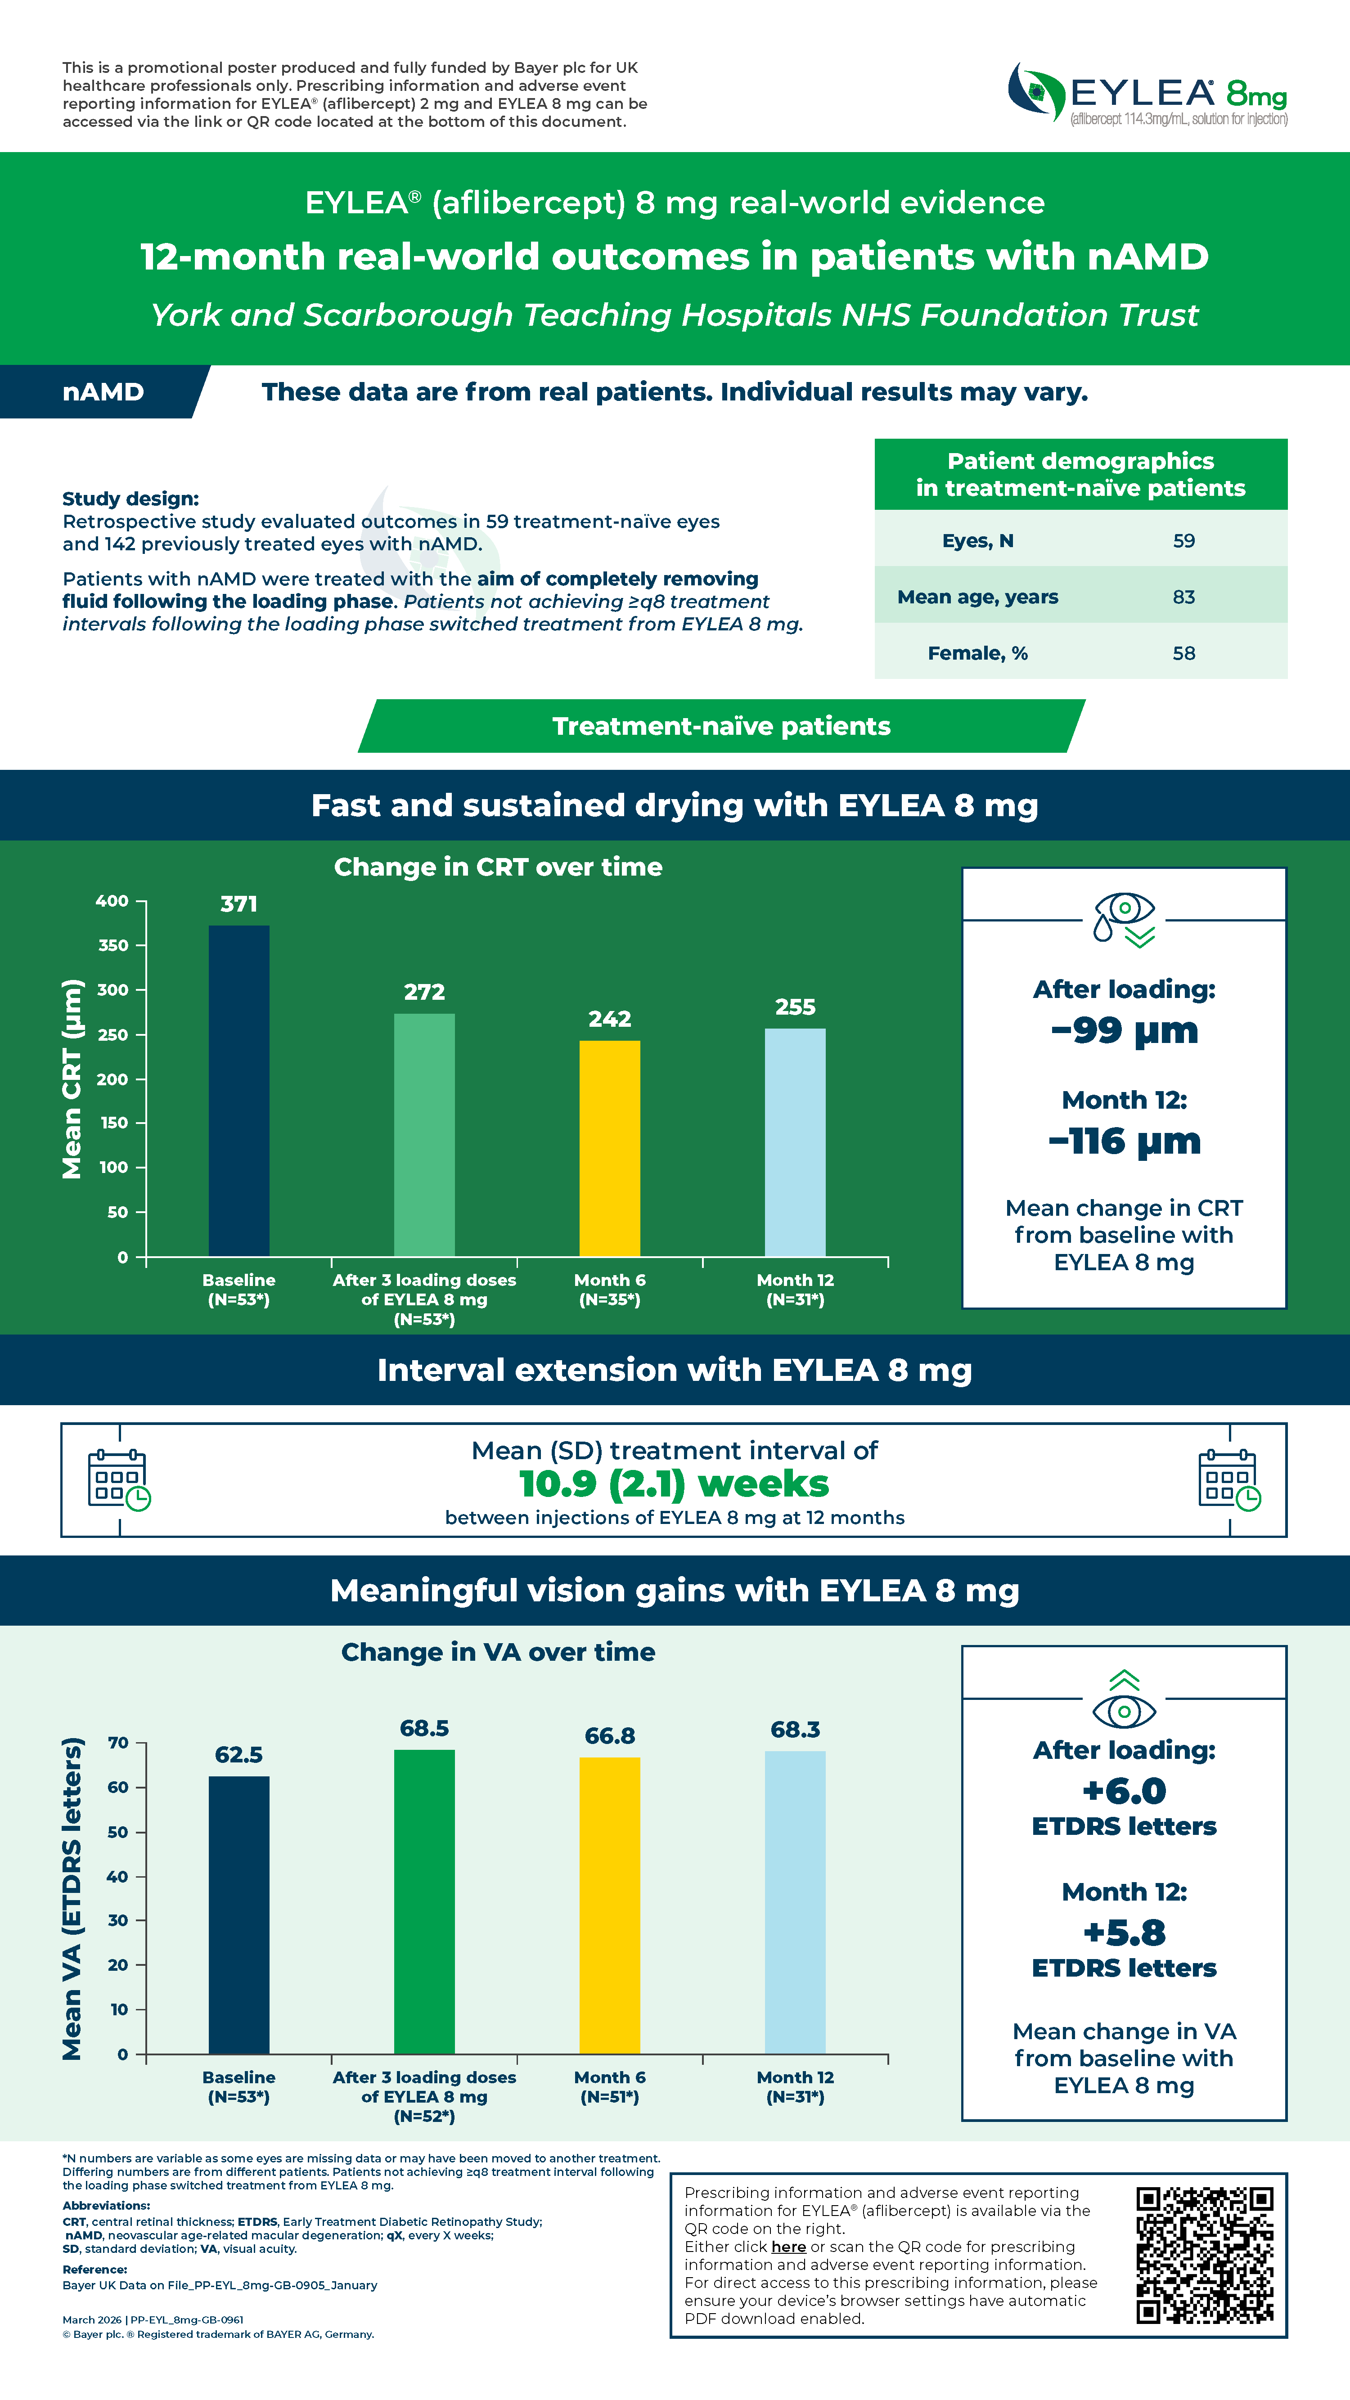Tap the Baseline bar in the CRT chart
point(238,1091)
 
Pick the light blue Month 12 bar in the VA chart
point(795,1902)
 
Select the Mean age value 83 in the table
point(1183,597)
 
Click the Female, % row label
point(977,653)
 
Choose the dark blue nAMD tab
point(104,392)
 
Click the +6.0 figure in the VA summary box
point(1125,1791)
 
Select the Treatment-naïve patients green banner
point(721,726)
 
